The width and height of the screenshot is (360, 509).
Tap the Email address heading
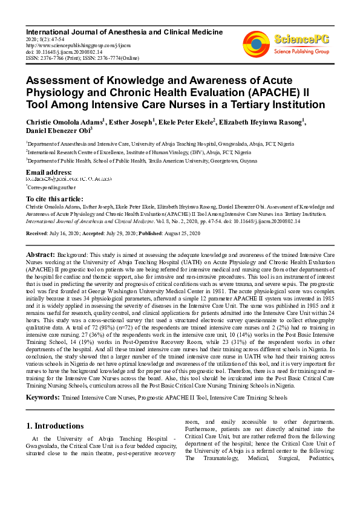point(49,172)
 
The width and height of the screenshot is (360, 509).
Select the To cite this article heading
point(54,199)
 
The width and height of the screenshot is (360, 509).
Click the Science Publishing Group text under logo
point(301,51)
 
